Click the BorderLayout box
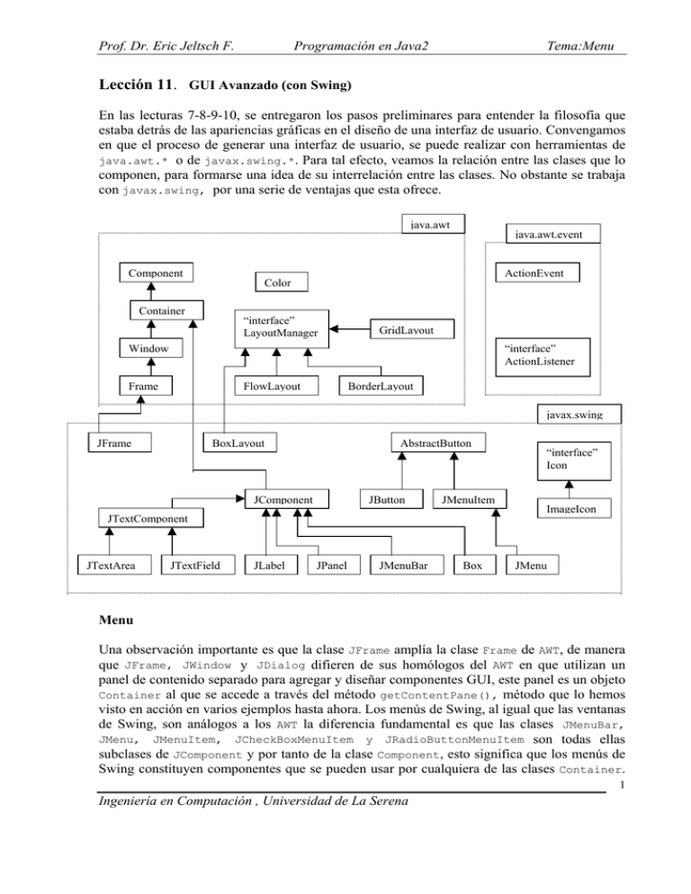[x=375, y=387]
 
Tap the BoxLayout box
[x=240, y=442]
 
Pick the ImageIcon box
[x=567, y=509]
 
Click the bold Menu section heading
[x=117, y=618]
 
